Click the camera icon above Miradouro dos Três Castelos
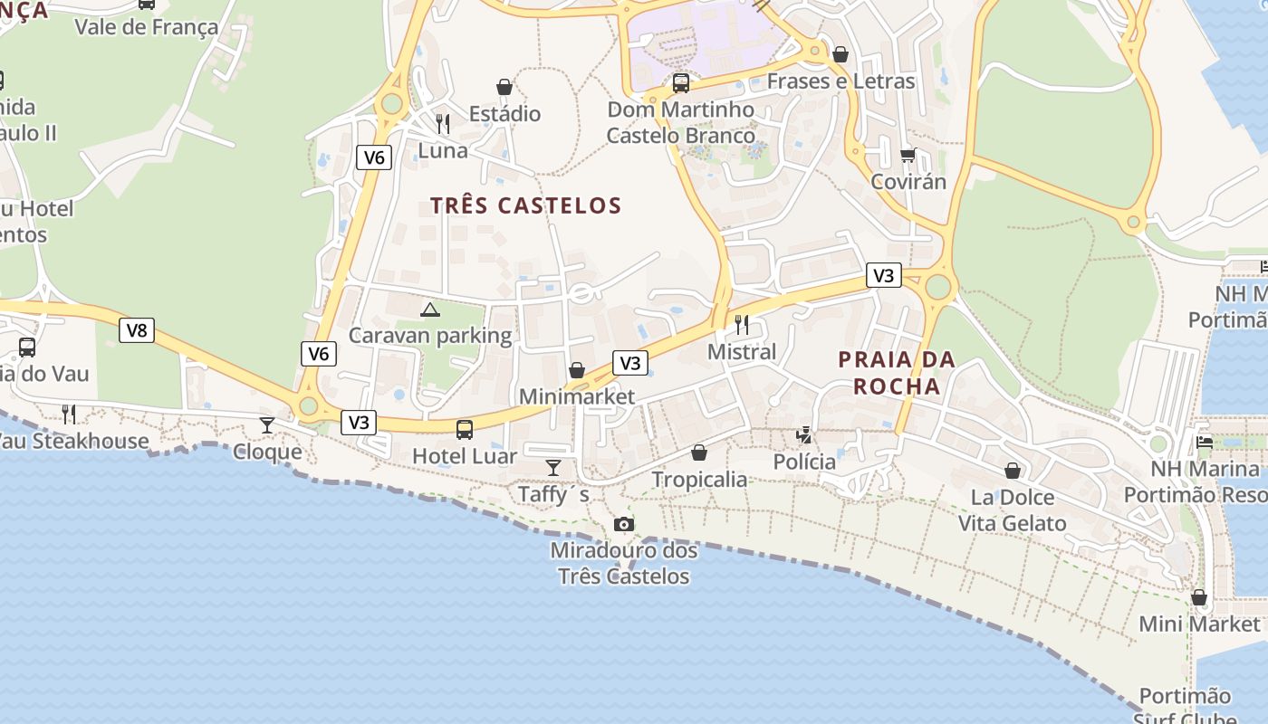pyautogui.click(x=623, y=524)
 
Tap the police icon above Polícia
pyautogui.click(x=804, y=435)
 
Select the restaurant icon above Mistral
pyautogui.click(x=742, y=324)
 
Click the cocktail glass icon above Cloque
pyautogui.click(x=267, y=424)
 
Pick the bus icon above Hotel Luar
pyautogui.click(x=465, y=429)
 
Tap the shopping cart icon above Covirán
pyautogui.click(x=908, y=155)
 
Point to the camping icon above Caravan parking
pyautogui.click(x=430, y=310)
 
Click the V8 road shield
pyautogui.click(x=137, y=330)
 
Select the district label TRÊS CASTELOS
pyautogui.click(x=526, y=205)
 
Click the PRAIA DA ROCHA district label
pyautogui.click(x=896, y=373)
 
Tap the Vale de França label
pyautogui.click(x=147, y=26)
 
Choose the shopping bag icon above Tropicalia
pyautogui.click(x=699, y=452)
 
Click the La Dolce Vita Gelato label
pyautogui.click(x=1013, y=510)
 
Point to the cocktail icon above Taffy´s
pyautogui.click(x=553, y=467)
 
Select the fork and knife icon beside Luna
pyautogui.click(x=443, y=123)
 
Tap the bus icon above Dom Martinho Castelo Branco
pyautogui.click(x=681, y=83)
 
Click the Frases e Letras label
pyautogui.click(x=841, y=81)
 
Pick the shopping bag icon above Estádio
pyautogui.click(x=504, y=87)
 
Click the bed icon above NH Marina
pyautogui.click(x=1205, y=442)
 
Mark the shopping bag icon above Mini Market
pyautogui.click(x=1199, y=597)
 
